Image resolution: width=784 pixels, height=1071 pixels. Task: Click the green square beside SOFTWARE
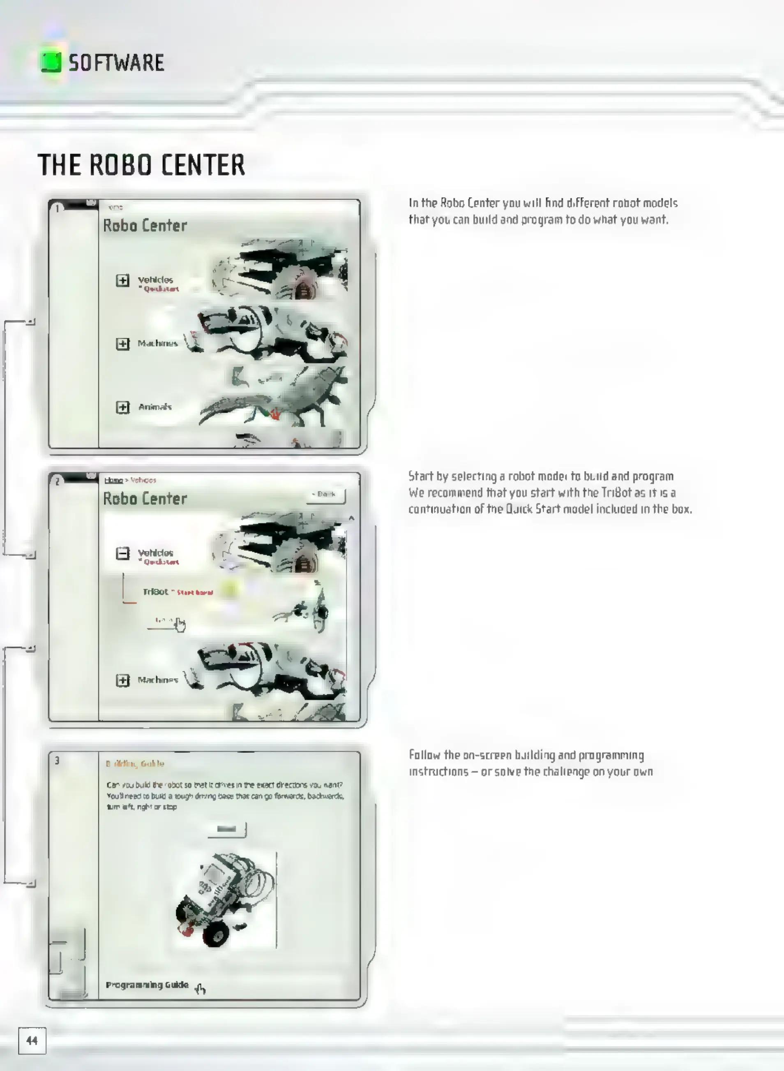(x=51, y=62)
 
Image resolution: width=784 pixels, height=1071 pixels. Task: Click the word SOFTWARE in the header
(x=116, y=62)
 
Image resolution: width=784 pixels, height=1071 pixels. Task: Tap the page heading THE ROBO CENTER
(x=141, y=165)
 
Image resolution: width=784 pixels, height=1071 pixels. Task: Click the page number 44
(x=32, y=1041)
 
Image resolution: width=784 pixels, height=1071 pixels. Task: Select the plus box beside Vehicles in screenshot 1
(x=122, y=280)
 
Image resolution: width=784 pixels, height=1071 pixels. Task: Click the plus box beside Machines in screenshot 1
(x=122, y=343)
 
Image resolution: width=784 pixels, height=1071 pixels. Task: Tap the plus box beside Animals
(x=122, y=407)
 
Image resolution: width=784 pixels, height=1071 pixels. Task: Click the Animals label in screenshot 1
(x=155, y=407)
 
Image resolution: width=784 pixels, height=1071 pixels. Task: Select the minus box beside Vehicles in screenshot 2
(x=122, y=553)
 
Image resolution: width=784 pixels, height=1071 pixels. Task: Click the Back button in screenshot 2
(x=327, y=495)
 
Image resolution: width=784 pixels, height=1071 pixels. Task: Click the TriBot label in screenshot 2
(x=155, y=592)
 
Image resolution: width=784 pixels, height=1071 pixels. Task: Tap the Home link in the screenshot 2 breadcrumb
(x=113, y=480)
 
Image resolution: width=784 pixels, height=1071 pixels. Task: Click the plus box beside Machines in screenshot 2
(x=122, y=680)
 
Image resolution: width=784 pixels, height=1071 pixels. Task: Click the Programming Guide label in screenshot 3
(x=147, y=985)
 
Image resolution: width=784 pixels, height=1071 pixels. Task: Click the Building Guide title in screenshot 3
(x=135, y=763)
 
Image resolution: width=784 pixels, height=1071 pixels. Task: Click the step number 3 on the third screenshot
(x=57, y=761)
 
